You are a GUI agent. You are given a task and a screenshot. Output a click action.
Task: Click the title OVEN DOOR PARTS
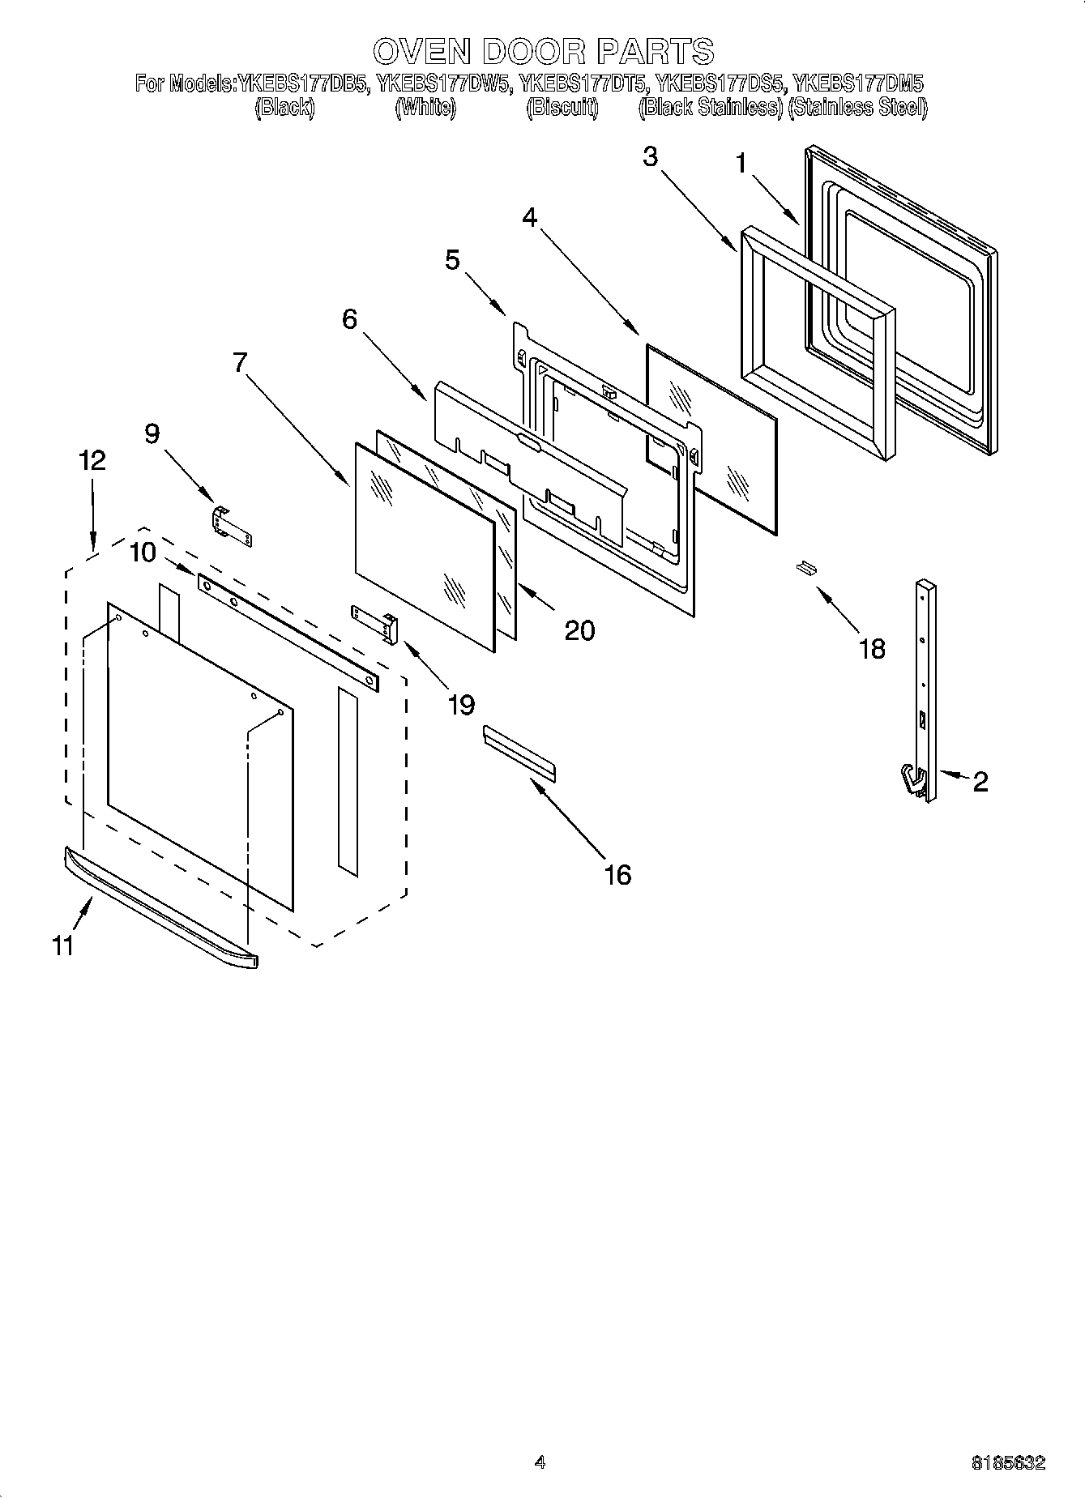(x=543, y=51)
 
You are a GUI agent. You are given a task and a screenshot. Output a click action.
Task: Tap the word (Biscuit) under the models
(x=562, y=108)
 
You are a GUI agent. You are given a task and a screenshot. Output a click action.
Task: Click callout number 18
(x=872, y=648)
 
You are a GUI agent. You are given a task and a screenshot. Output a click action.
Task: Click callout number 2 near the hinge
(x=980, y=782)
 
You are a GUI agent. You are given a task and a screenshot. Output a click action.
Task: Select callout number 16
(x=617, y=874)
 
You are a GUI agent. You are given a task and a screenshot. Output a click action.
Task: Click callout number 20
(x=579, y=630)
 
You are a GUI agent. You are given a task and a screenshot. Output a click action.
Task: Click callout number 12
(x=92, y=460)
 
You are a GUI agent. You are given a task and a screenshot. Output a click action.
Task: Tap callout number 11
(x=62, y=945)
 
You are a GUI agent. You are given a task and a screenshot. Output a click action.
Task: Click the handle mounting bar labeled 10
(x=288, y=632)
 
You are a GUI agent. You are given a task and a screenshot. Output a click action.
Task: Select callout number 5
(x=451, y=260)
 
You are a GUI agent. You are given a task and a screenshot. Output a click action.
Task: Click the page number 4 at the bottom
(x=540, y=1462)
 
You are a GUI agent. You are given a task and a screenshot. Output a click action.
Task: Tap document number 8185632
(x=1009, y=1463)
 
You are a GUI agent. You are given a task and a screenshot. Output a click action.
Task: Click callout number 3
(x=650, y=156)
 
